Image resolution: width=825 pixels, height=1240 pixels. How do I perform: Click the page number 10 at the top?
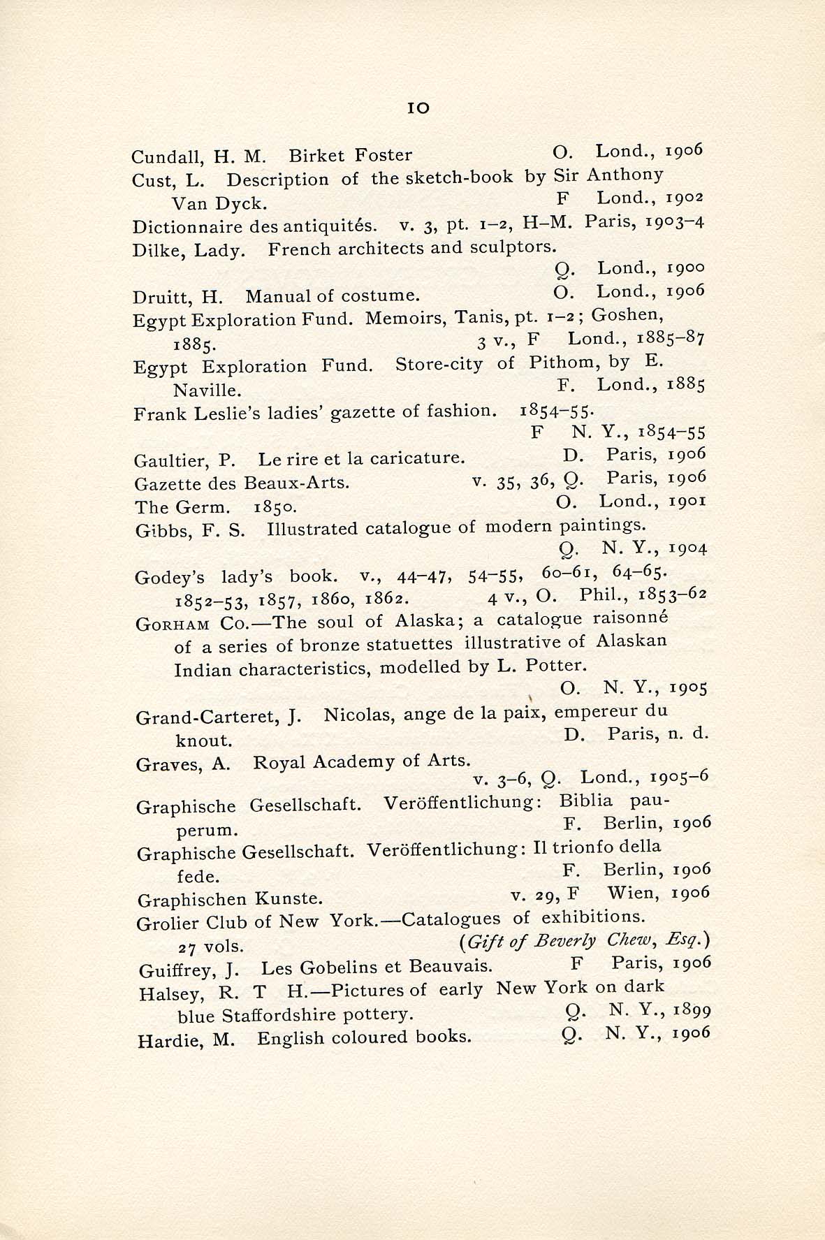pyautogui.click(x=418, y=108)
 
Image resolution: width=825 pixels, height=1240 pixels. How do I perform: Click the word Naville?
pyautogui.click(x=207, y=389)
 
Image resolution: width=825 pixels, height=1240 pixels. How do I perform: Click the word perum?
pyautogui.click(x=207, y=831)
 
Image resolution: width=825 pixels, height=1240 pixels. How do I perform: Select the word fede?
pyautogui.click(x=198, y=876)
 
